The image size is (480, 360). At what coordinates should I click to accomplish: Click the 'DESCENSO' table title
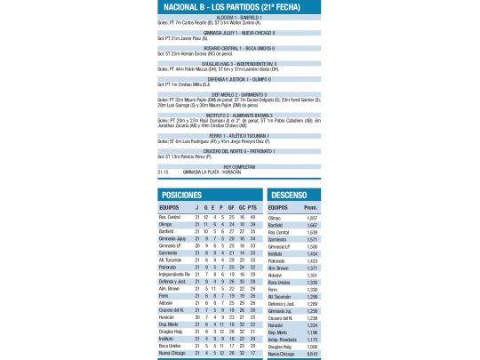(x=290, y=194)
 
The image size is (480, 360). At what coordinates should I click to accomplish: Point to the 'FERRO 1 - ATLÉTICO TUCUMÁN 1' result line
(x=238, y=134)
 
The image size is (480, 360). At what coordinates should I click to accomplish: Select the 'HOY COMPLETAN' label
(x=238, y=165)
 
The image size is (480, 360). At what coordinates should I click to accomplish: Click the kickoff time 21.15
(x=164, y=172)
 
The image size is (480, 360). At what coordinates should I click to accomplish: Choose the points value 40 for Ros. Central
(x=252, y=217)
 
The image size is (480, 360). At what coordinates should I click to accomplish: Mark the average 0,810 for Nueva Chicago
(x=311, y=353)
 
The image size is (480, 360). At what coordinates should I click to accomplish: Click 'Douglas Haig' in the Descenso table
(x=279, y=346)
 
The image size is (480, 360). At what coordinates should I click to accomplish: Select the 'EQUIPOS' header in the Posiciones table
(x=169, y=209)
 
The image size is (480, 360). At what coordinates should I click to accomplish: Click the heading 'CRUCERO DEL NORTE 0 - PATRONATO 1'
(x=238, y=149)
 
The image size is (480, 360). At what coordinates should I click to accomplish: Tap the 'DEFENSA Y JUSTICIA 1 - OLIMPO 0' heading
(x=238, y=78)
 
